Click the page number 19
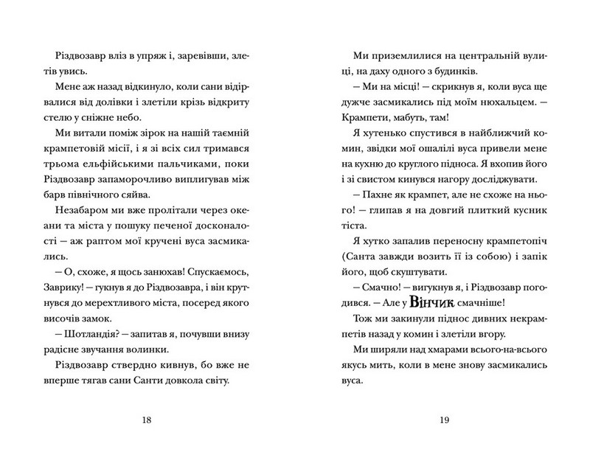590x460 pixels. click(443, 421)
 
